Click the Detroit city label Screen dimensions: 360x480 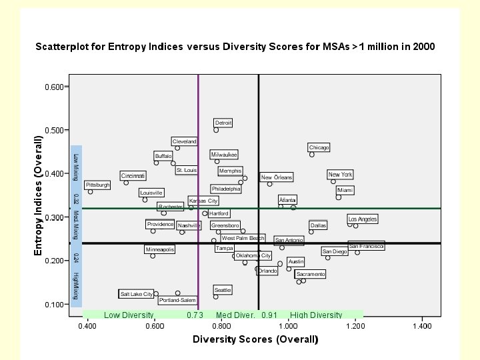[x=223, y=123]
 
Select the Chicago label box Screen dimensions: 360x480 [x=319, y=147]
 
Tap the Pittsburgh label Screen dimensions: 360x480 [x=98, y=185]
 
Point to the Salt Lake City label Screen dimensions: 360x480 [x=136, y=294]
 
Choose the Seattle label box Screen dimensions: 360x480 [x=223, y=290]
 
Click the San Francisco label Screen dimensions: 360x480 [x=366, y=246]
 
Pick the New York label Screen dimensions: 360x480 [x=340, y=175]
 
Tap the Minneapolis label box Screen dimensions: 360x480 [x=159, y=249]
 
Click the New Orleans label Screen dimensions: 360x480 [x=277, y=177]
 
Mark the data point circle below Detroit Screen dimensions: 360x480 [x=216, y=130]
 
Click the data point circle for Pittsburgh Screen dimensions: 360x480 [x=91, y=192]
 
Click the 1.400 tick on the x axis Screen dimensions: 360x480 [x=423, y=326]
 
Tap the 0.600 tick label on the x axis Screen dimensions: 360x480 [x=154, y=326]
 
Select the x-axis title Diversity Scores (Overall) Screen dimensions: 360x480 [x=257, y=339]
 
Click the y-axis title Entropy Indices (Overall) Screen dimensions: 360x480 [x=39, y=195]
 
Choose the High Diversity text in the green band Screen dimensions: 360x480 [x=316, y=315]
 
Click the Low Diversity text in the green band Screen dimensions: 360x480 [x=129, y=315]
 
